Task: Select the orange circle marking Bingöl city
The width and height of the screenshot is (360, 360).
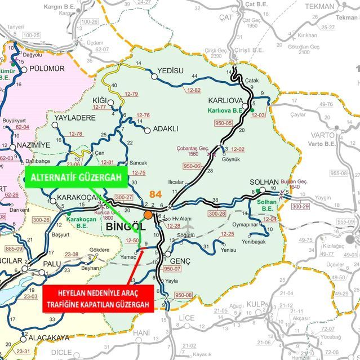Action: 148,215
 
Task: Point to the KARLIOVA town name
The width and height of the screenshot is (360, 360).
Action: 225,100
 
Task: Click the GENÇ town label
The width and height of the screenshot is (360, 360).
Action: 180,262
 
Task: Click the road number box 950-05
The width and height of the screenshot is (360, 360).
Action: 223,122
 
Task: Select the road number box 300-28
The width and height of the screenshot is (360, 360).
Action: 217,214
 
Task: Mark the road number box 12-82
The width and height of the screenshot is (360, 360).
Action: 194,90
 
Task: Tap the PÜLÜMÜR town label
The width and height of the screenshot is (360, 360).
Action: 46,69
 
